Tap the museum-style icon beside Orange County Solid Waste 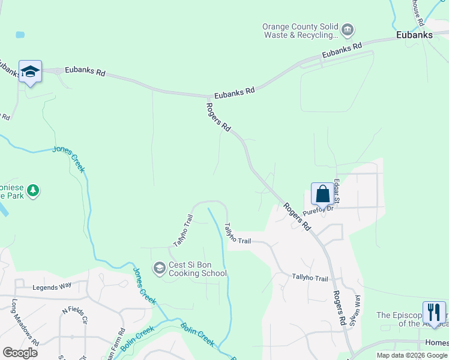[347, 29]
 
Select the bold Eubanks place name [414, 35]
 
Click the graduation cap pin [30, 73]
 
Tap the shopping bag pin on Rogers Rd [322, 194]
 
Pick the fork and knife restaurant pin [434, 313]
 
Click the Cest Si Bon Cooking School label [198, 269]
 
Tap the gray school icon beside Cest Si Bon [159, 268]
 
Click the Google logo [20, 353]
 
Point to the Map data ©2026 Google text [412, 355]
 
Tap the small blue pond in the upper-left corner [20, 35]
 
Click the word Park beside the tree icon [15, 196]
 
